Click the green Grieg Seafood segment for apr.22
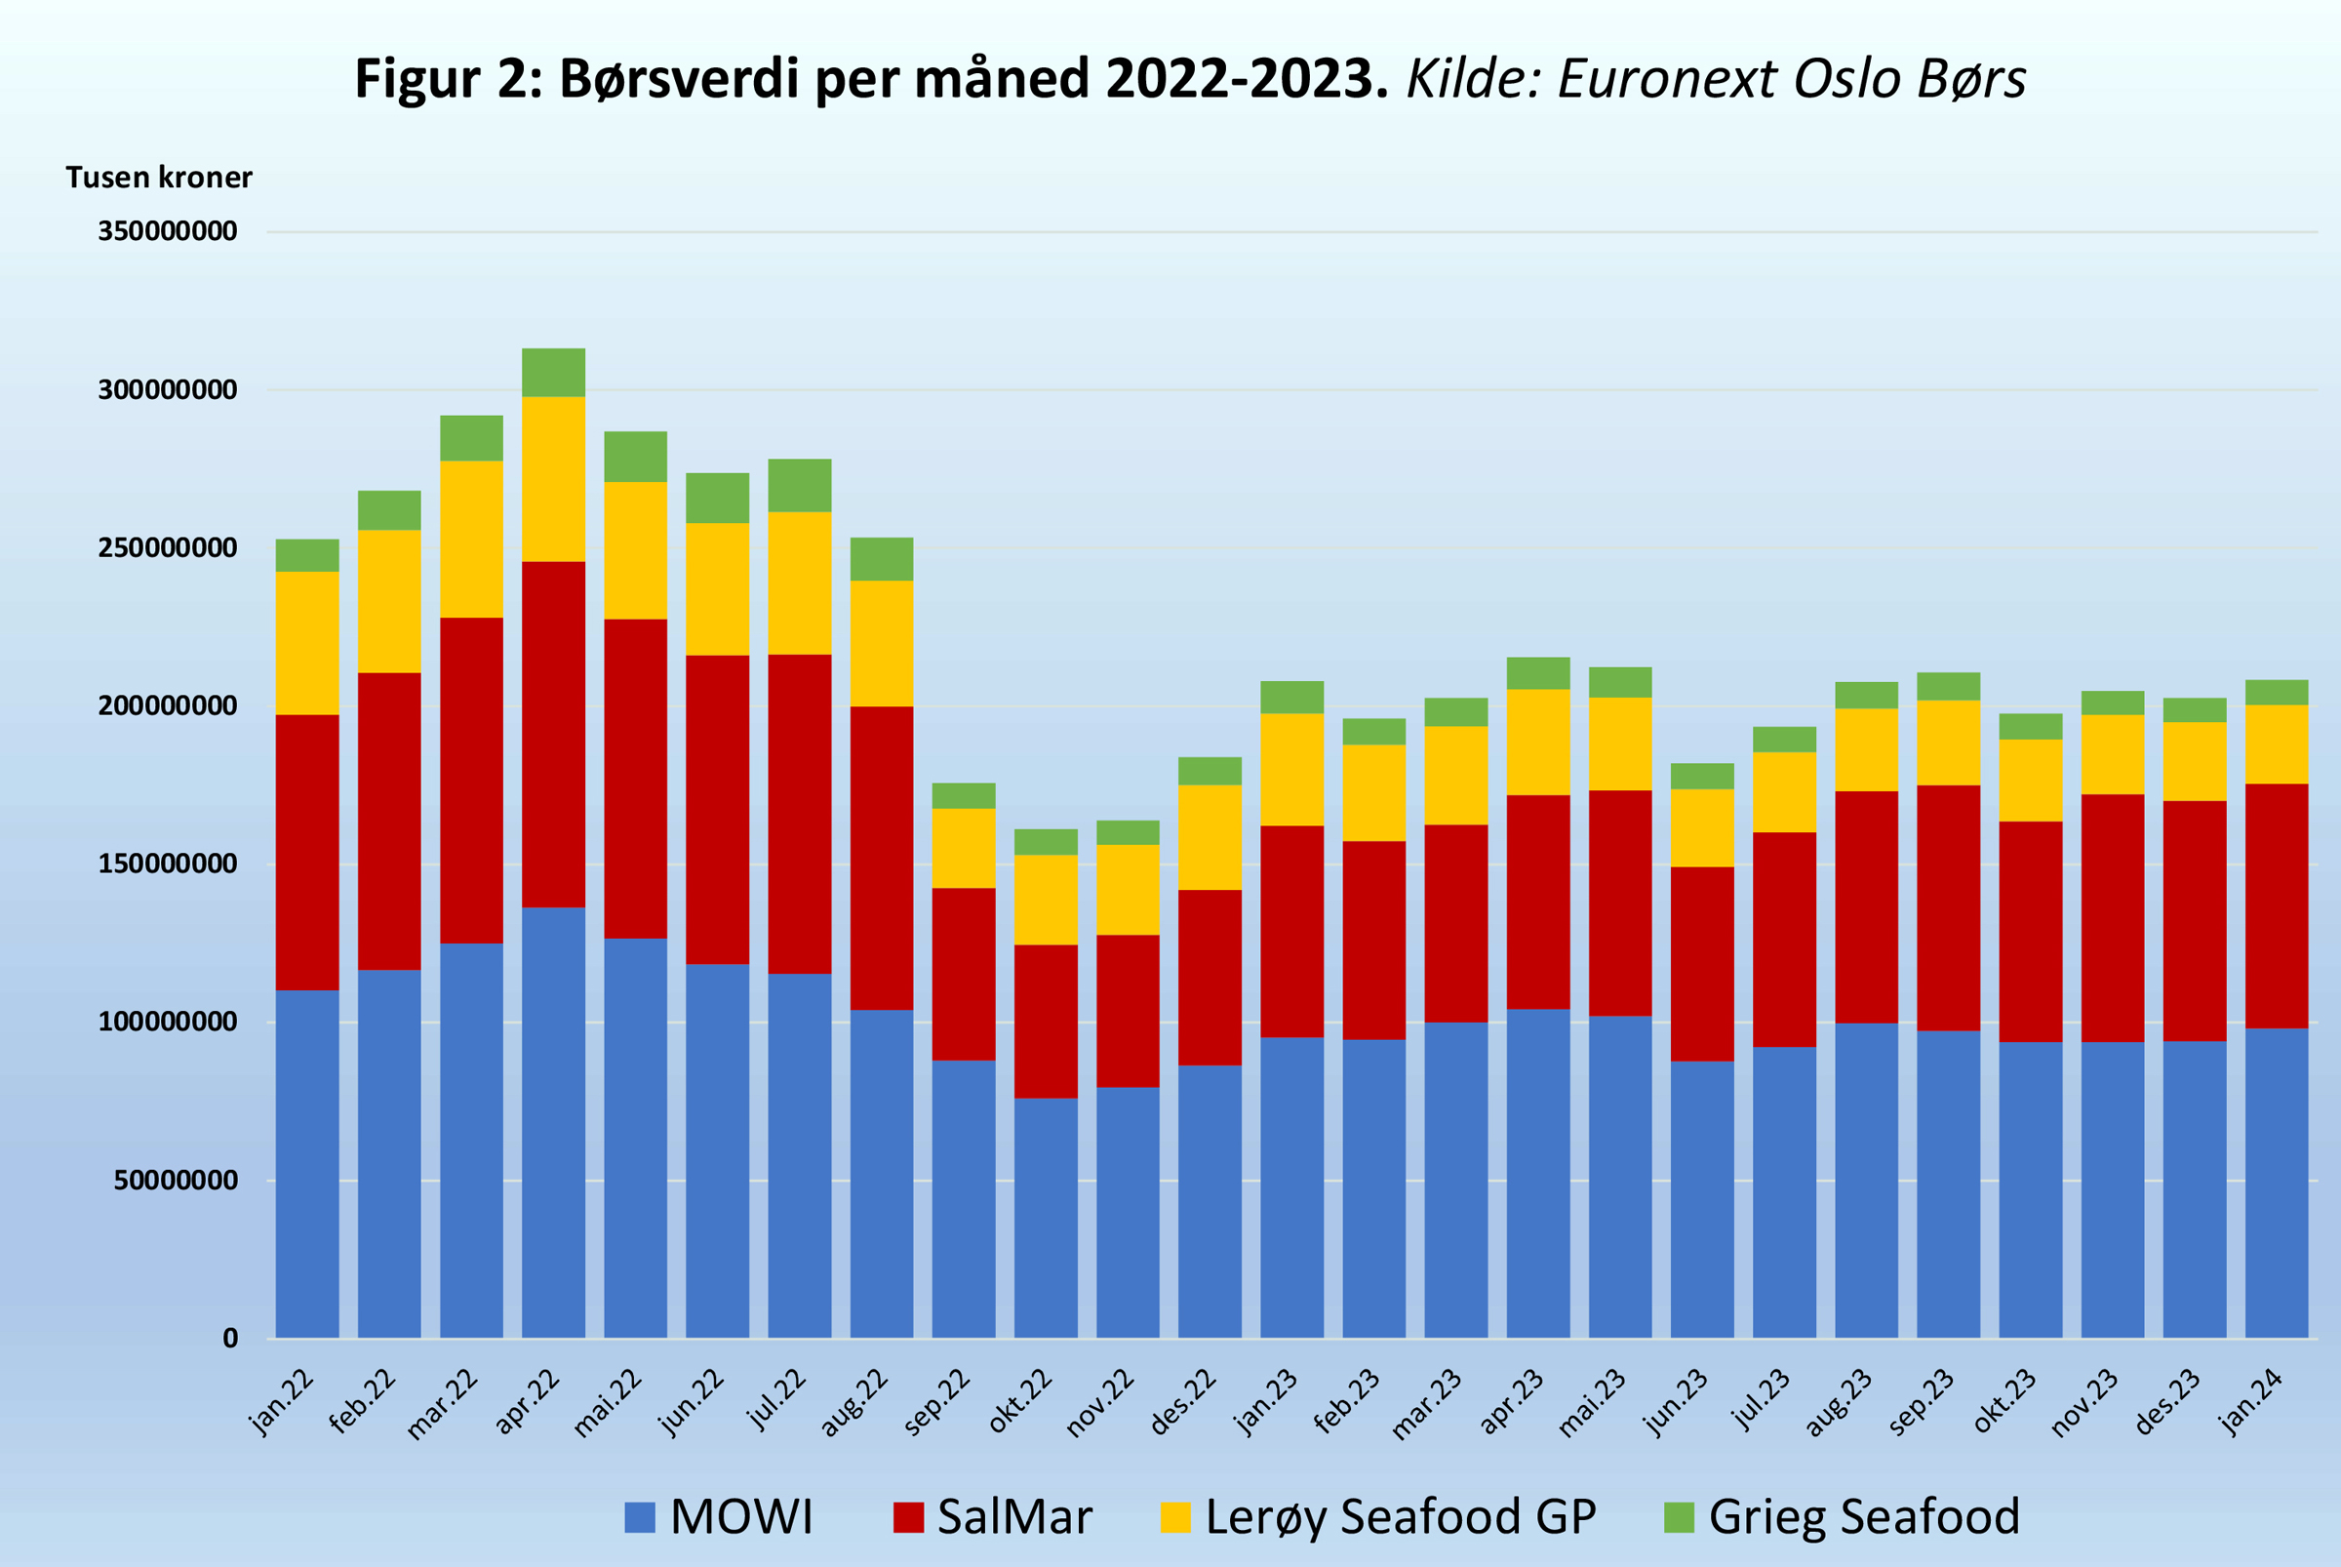pos(553,373)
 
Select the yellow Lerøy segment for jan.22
pos(306,643)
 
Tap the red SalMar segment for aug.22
pos(881,858)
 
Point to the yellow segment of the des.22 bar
pos(1210,837)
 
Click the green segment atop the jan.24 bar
pos(2276,693)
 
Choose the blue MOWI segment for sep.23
pos(1948,1185)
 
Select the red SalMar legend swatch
pos(908,1517)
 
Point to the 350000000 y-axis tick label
pos(167,231)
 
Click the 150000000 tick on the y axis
pos(167,864)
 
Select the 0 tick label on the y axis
pos(230,1339)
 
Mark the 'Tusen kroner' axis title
pos(159,177)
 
